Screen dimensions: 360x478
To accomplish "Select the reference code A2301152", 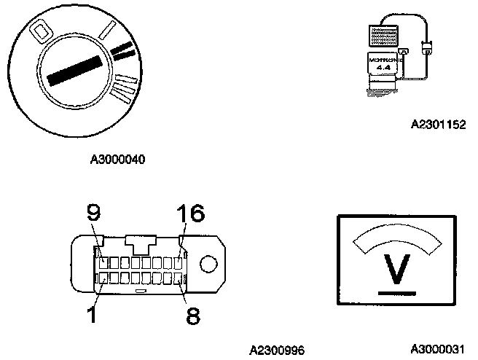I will (x=438, y=124).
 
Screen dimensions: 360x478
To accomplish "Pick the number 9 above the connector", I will (x=93, y=213).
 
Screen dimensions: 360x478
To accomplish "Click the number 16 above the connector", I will (x=191, y=214).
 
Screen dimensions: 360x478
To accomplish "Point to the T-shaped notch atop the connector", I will (x=141, y=242).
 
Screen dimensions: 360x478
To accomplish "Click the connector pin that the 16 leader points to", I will (x=179, y=262).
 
